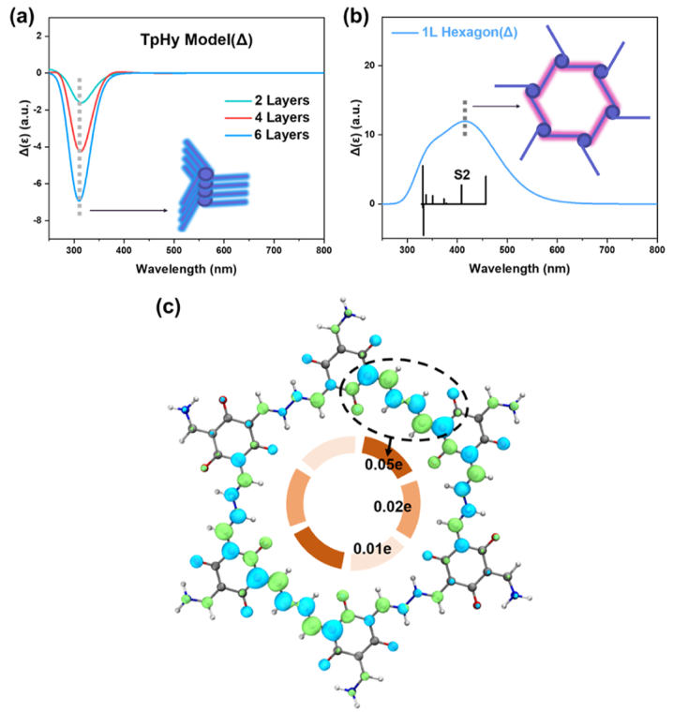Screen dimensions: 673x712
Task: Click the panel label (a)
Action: pos(22,17)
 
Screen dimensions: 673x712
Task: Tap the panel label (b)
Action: pos(355,17)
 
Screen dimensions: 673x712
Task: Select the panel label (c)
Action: pos(168,307)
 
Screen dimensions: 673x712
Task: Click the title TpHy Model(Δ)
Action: pos(196,40)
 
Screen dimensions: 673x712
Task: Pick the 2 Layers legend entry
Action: pos(267,100)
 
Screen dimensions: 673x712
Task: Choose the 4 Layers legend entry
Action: pos(267,118)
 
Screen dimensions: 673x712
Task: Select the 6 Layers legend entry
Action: pos(267,135)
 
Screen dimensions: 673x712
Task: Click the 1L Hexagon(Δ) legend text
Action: pos(455,32)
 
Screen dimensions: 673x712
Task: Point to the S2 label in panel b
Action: pos(462,174)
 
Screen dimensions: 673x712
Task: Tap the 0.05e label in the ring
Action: pos(383,465)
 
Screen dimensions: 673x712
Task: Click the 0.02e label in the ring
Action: pos(393,506)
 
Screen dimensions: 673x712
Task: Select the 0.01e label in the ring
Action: pos(372,549)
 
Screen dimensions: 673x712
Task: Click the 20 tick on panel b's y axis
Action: pos(369,66)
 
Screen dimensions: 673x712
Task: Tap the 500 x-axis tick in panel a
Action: pos(173,250)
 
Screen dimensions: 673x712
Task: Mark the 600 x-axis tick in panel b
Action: pos(557,250)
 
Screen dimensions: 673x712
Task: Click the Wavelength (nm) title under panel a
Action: pos(187,269)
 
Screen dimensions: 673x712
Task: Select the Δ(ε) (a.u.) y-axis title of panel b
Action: pos(356,127)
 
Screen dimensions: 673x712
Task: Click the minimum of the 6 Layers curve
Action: pos(79,200)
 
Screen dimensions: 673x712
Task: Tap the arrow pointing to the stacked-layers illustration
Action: pos(128,210)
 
